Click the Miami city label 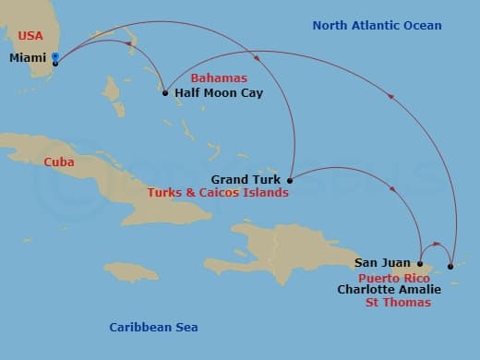tap(29, 58)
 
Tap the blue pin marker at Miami tap(55, 57)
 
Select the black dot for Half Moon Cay tap(165, 92)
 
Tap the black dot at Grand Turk tap(290, 180)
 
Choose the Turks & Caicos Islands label tap(218, 193)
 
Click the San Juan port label tap(382, 263)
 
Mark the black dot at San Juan tap(421, 264)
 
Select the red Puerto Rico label tap(393, 277)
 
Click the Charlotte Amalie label tap(389, 289)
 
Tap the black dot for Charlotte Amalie tap(450, 267)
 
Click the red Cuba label tap(59, 162)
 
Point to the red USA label tap(30, 36)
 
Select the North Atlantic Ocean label tap(377, 26)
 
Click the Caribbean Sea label tap(153, 327)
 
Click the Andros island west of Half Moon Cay tap(114, 90)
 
